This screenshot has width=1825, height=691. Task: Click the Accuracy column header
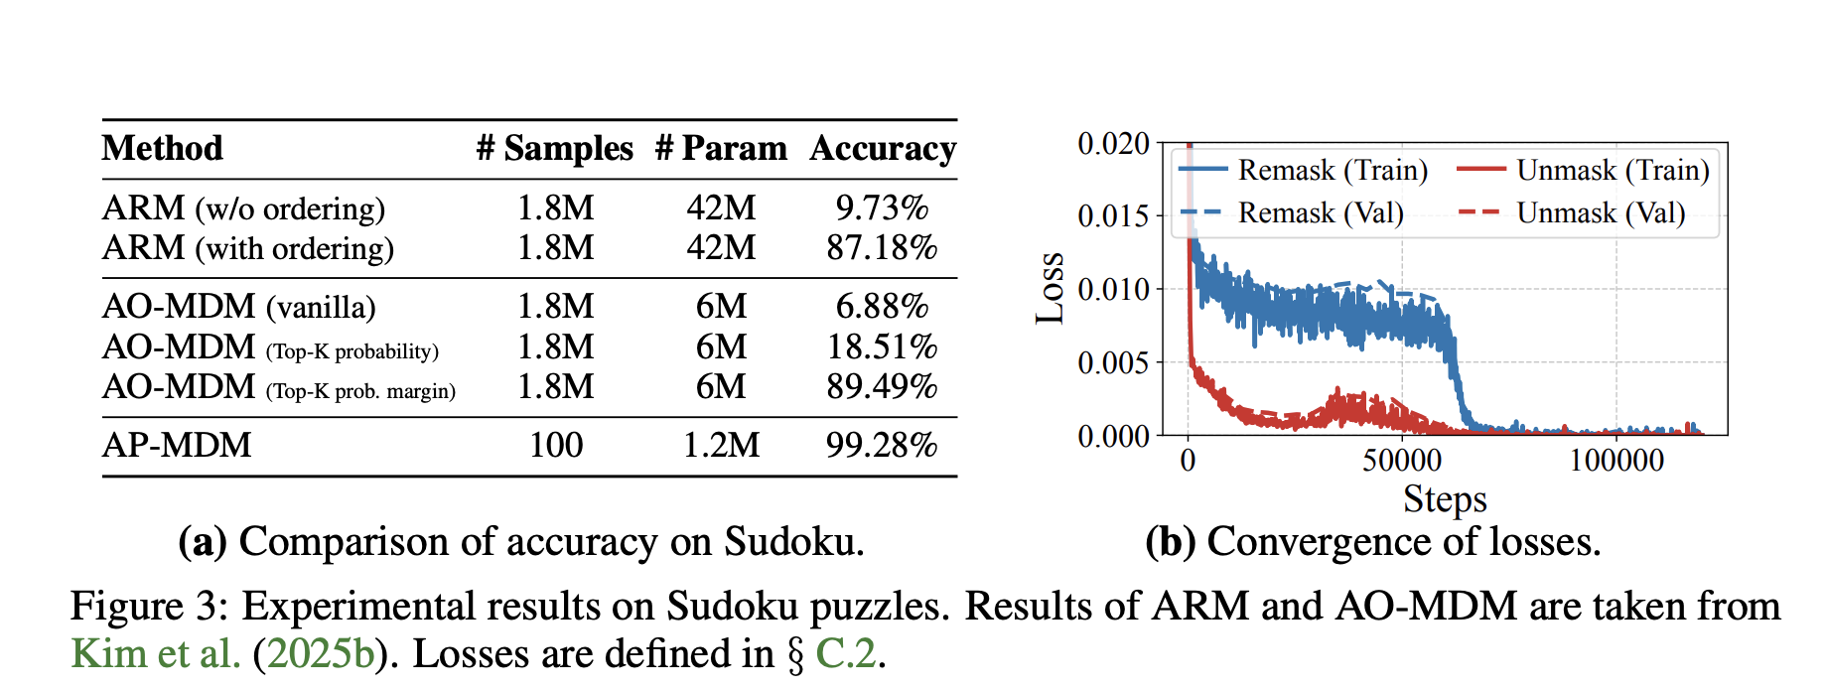click(883, 149)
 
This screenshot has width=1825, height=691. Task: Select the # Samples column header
click(554, 149)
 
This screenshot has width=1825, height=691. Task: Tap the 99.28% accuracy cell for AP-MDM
click(882, 445)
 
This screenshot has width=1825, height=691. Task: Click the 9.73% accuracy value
click(882, 207)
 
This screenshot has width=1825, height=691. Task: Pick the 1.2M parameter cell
click(721, 445)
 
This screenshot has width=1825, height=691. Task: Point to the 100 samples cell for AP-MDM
click(556, 445)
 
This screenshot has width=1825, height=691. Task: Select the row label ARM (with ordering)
click(248, 247)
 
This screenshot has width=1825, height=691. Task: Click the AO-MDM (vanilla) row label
click(239, 306)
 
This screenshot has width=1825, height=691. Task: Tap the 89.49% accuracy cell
click(882, 386)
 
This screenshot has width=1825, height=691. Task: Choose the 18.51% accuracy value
click(882, 346)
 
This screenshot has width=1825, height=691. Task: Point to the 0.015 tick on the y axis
click(1113, 216)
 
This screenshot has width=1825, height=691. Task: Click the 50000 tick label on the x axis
click(1402, 461)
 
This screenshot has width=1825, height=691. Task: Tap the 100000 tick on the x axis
click(1616, 461)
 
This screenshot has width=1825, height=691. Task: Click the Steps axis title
click(1445, 498)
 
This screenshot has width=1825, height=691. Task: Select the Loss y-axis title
click(1051, 288)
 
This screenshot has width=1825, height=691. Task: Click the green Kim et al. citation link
click(156, 653)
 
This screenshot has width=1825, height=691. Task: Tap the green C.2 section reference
click(846, 653)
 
